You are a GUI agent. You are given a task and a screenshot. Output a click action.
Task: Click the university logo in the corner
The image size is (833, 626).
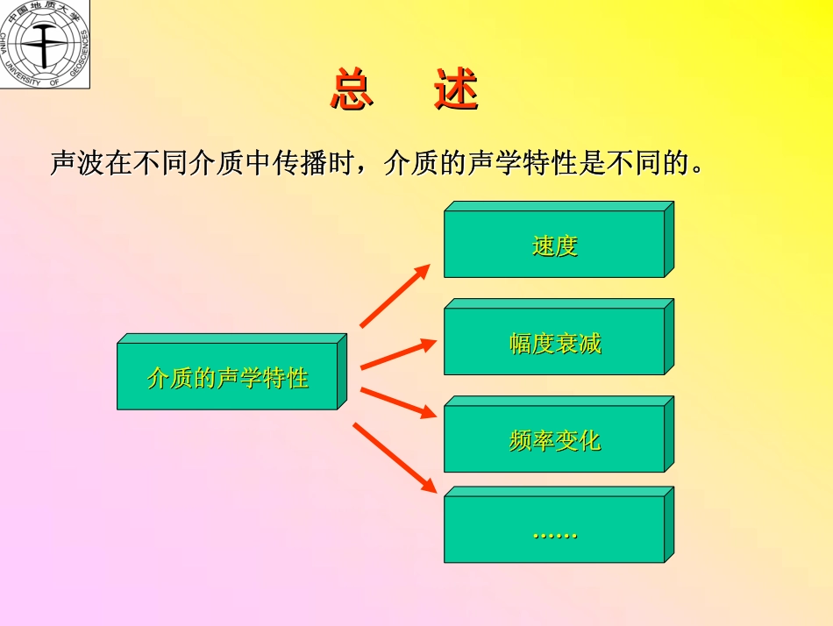[x=45, y=44]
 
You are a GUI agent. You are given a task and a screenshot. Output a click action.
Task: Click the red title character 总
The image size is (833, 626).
[x=352, y=89]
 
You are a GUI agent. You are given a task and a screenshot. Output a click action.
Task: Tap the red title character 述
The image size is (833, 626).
[x=456, y=89]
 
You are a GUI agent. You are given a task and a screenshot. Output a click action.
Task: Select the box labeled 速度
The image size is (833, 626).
[x=559, y=239]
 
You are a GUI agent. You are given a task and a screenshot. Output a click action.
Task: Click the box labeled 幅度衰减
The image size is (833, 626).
[x=559, y=337]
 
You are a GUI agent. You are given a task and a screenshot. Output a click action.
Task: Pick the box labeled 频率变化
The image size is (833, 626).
[x=559, y=434]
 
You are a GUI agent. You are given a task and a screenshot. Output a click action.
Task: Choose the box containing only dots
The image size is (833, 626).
[x=559, y=524]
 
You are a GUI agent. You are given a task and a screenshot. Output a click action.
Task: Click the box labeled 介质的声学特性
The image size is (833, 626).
[x=231, y=372]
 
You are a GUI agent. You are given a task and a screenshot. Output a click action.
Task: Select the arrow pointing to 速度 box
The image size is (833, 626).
[x=395, y=295]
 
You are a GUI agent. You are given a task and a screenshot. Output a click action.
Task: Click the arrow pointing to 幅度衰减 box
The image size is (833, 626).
[x=398, y=354]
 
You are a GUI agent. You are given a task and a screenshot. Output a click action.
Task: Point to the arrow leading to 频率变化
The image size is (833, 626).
[x=398, y=402]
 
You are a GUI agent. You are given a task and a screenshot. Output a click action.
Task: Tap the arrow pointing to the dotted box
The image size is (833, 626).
[x=395, y=458]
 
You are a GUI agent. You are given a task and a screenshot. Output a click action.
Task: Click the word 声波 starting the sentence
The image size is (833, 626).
[x=77, y=162]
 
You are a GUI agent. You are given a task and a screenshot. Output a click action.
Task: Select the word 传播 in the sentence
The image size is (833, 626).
[x=300, y=162]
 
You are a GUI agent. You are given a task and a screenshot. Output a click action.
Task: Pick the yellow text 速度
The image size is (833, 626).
[x=555, y=246]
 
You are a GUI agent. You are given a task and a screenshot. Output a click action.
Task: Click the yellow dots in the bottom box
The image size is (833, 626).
[x=555, y=536]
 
